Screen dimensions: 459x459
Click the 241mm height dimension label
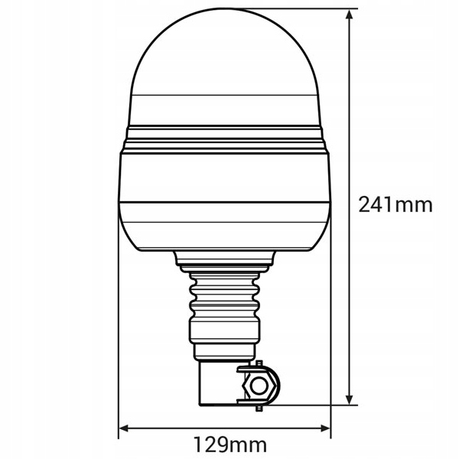396,204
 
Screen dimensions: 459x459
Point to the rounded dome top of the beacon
226,54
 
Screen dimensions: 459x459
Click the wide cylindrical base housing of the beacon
226,199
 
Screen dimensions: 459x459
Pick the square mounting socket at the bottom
219,382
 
